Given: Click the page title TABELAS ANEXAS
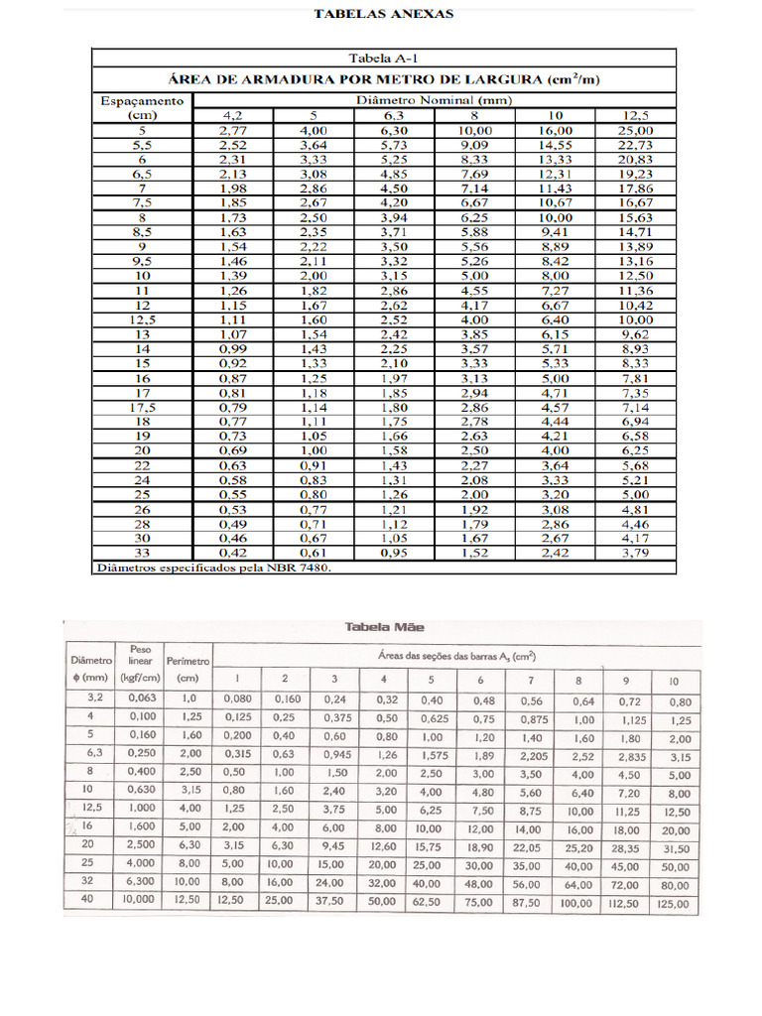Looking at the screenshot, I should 383,14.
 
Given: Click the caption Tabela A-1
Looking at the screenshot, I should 383,58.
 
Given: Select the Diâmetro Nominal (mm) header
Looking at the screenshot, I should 433,100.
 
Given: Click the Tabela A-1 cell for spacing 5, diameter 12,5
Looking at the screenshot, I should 635,130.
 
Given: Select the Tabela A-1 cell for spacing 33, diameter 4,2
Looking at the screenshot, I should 232,553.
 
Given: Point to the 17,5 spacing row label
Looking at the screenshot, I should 142,407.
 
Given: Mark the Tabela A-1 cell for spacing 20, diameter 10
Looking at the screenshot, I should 555,450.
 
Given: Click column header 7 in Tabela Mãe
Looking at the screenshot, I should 531,679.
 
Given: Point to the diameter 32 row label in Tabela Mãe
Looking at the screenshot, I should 87,880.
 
